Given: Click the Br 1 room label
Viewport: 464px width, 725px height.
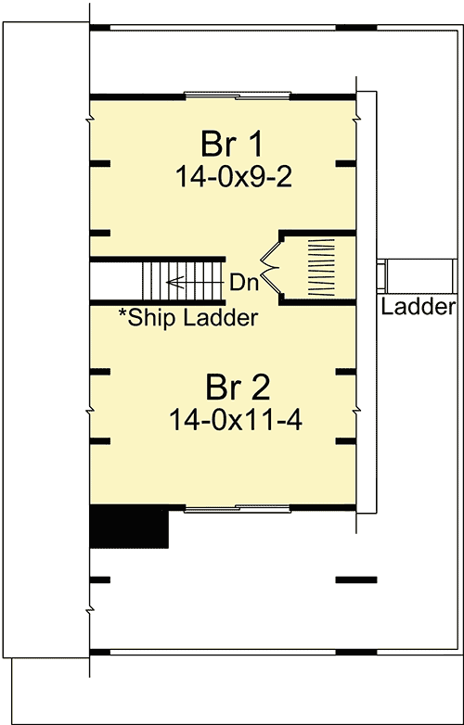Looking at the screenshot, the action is tap(232, 145).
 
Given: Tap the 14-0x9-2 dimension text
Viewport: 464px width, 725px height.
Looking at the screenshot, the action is tap(234, 177).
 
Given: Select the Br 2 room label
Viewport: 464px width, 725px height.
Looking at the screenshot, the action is tap(238, 388).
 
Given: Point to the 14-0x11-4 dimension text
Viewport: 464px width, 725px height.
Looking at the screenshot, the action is tap(236, 421).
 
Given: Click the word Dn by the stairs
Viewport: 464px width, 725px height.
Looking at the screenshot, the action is tap(244, 283).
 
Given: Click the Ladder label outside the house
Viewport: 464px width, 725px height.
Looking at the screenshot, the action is tap(419, 307).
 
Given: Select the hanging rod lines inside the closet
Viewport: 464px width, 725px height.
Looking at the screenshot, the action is tap(321, 267).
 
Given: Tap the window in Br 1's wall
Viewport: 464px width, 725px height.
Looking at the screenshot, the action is tap(238, 95).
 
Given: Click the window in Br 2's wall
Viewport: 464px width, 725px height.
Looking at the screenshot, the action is tap(238, 509).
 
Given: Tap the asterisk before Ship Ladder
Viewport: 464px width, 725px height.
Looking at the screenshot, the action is tap(122, 314).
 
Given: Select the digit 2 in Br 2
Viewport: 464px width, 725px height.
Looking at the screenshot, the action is tap(258, 388).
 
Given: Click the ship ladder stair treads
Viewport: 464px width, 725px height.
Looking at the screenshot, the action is tap(184, 281).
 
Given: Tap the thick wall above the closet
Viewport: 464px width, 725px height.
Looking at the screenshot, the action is tap(317, 233).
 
